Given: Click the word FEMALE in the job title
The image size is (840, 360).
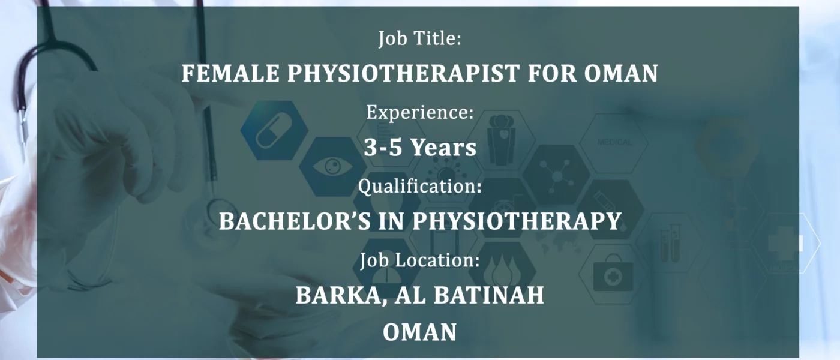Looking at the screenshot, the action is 230,73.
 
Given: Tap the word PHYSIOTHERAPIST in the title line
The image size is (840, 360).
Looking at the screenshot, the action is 403,73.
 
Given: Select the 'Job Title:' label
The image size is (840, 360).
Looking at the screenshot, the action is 419,38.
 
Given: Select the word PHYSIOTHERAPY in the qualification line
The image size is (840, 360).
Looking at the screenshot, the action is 517,221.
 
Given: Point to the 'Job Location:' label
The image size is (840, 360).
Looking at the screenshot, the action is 419,260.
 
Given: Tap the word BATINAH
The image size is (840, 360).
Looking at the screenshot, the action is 488,295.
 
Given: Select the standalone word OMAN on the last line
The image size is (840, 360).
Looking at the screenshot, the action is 419,332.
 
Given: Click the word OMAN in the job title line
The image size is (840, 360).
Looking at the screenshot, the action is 620,73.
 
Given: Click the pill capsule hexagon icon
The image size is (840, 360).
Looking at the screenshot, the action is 274,130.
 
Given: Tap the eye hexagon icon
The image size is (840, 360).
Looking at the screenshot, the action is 332,167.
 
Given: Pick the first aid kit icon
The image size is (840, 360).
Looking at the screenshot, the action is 613,275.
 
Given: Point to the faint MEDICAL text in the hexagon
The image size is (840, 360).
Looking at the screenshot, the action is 614,143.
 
